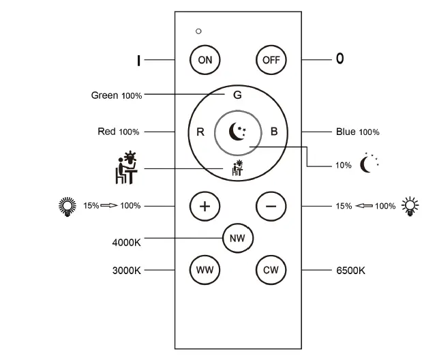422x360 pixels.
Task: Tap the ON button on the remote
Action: click(x=205, y=59)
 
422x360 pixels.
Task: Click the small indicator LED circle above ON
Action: click(x=198, y=31)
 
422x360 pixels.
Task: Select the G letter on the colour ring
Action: click(x=237, y=95)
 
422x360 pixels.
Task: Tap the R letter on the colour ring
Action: click(x=200, y=132)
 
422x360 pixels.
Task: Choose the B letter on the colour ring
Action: click(x=274, y=132)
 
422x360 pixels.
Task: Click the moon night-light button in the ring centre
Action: click(x=237, y=131)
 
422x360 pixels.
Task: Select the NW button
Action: click(x=237, y=238)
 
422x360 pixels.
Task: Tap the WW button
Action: click(x=205, y=270)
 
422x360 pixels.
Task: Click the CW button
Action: click(x=270, y=270)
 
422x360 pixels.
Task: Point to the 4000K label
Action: click(x=126, y=242)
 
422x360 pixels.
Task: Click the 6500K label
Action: click(x=351, y=271)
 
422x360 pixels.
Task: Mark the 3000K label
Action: click(x=126, y=271)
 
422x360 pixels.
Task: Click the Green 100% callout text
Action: click(x=117, y=95)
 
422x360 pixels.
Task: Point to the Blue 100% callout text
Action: click(x=358, y=132)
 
